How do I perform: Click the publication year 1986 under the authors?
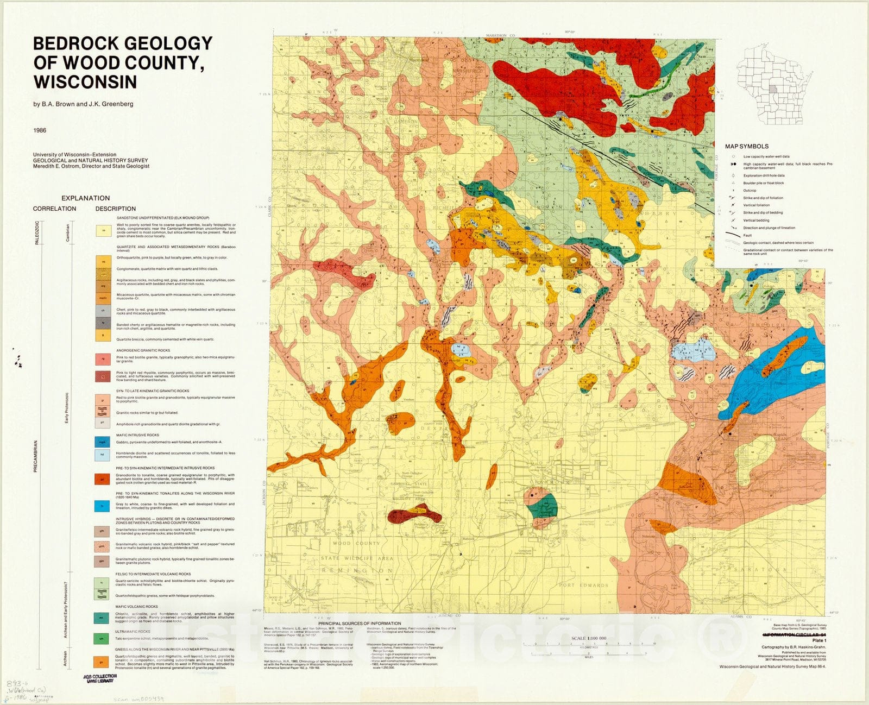click(x=40, y=130)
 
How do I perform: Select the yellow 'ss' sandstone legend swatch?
click(x=103, y=231)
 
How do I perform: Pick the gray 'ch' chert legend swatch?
click(x=103, y=311)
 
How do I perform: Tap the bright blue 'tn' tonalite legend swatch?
click(x=103, y=506)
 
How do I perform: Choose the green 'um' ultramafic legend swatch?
click(x=103, y=638)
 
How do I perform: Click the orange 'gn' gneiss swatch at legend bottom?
click(x=103, y=661)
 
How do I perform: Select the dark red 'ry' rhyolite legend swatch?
click(x=103, y=376)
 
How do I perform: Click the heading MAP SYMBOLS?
click(x=746, y=146)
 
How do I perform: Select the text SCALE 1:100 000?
click(x=589, y=638)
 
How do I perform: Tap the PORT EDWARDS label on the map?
click(x=583, y=586)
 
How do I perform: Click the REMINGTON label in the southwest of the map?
click(x=356, y=571)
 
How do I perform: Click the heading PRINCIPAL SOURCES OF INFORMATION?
click(x=360, y=624)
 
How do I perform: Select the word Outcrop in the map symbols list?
click(x=750, y=191)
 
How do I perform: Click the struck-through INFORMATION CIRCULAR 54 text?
click(x=794, y=634)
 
